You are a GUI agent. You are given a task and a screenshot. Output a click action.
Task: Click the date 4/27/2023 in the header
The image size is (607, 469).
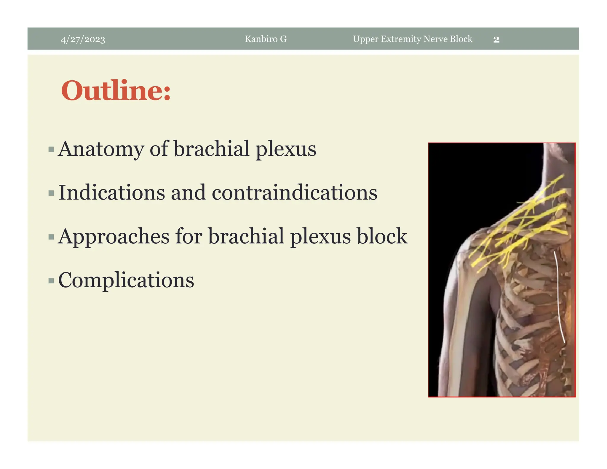click(83, 39)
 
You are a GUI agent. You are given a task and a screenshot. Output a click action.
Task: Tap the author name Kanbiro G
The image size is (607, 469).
click(266, 39)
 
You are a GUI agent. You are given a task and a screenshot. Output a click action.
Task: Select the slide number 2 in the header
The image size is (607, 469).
click(496, 39)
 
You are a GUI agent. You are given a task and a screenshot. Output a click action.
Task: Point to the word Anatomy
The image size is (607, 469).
click(101, 149)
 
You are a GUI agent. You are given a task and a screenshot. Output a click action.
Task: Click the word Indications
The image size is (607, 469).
click(111, 193)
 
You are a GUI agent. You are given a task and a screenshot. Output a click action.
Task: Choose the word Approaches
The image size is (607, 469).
click(114, 237)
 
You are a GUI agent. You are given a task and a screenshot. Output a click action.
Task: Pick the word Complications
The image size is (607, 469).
click(126, 280)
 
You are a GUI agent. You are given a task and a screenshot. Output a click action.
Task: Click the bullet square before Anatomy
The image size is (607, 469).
click(51, 149)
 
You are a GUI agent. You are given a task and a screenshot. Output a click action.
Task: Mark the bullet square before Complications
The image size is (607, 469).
click(51, 280)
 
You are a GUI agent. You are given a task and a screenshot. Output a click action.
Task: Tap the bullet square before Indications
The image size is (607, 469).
click(51, 193)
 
